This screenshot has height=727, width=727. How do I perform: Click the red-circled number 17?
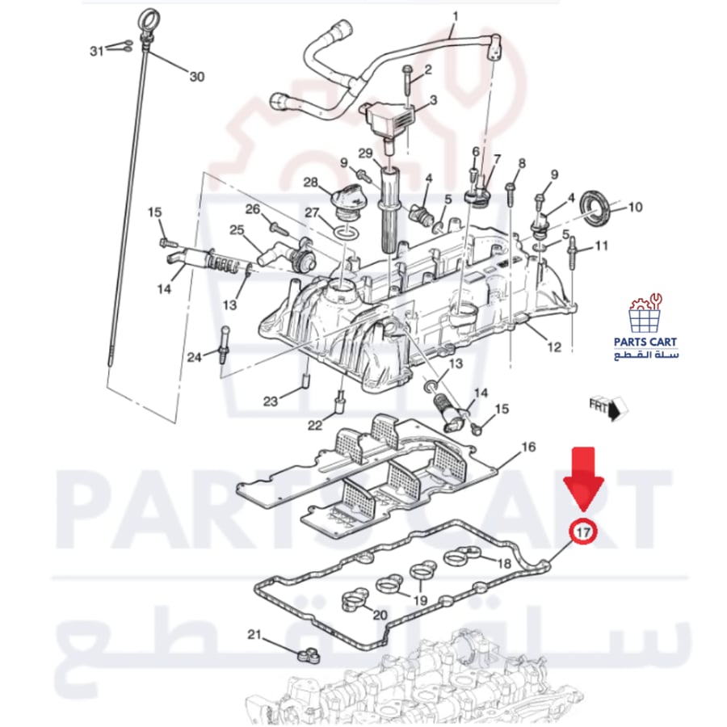coord(583,532)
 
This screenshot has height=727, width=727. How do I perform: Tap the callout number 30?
coord(196,77)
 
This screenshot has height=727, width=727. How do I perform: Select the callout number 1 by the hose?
coord(455,17)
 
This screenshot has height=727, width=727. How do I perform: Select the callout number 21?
coord(254,634)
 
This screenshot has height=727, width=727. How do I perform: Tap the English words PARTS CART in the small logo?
coord(645,342)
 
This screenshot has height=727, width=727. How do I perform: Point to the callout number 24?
coord(194,357)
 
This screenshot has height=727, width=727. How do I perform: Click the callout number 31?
coord(96,51)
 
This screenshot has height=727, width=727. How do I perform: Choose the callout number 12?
coord(554,347)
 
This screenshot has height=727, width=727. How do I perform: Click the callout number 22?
coord(315,425)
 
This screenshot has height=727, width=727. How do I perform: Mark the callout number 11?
coord(601,246)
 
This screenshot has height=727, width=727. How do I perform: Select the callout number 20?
coord(380,616)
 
